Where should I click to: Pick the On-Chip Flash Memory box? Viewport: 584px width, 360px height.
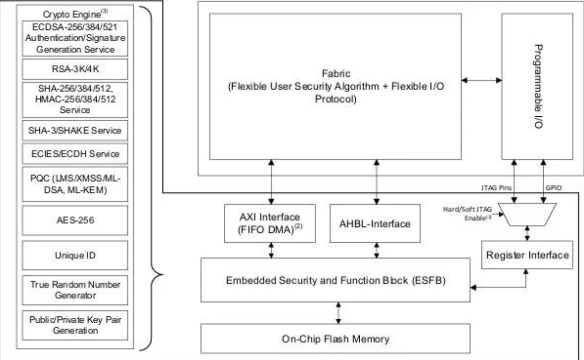(x=336, y=338)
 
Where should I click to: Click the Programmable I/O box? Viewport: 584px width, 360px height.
(x=537, y=86)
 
